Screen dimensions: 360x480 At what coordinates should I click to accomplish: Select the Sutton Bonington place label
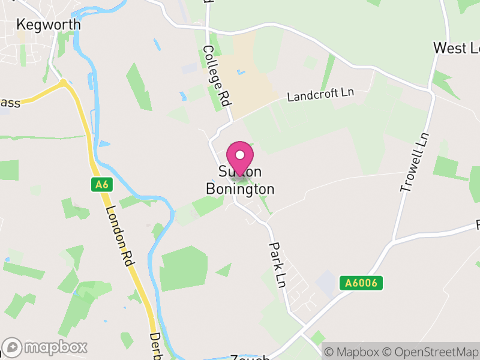coord(240,181)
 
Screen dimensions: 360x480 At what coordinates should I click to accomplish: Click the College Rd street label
coord(217,76)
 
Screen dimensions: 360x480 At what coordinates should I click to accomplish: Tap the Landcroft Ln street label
coord(321,94)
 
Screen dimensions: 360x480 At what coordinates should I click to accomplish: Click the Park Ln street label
coord(276,264)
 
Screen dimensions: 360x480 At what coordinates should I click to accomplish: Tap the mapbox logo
coord(46,347)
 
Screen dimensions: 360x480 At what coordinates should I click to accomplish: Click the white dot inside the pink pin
coord(240,154)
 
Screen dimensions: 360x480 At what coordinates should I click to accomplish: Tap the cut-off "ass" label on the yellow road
coord(10,103)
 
